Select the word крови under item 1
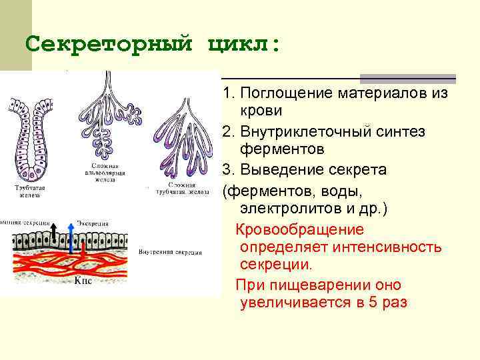[x=261, y=110]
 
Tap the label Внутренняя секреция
[x=171, y=253]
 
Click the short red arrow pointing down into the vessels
[x=82, y=251]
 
